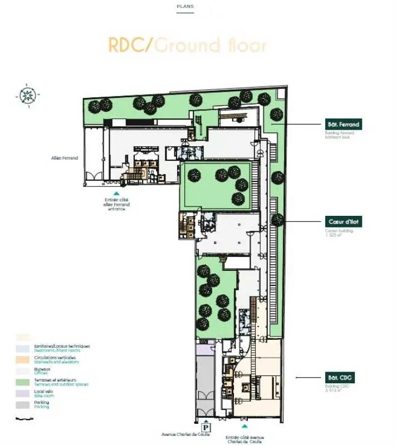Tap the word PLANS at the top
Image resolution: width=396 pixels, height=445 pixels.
tap(185, 7)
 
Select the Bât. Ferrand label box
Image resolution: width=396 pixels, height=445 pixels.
tap(343, 124)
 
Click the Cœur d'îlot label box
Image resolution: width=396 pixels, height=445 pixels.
tap(343, 221)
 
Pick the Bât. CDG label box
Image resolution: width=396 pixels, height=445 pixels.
tap(340, 378)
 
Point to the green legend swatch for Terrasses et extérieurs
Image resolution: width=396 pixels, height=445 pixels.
tap(23, 381)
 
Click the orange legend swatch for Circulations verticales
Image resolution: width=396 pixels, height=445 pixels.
tap(23, 359)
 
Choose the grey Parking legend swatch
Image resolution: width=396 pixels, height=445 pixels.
tap(23, 404)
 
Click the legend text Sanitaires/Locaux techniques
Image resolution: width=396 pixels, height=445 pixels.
tap(61, 346)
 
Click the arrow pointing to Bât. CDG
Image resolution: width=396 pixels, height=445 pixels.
tap(304, 378)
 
